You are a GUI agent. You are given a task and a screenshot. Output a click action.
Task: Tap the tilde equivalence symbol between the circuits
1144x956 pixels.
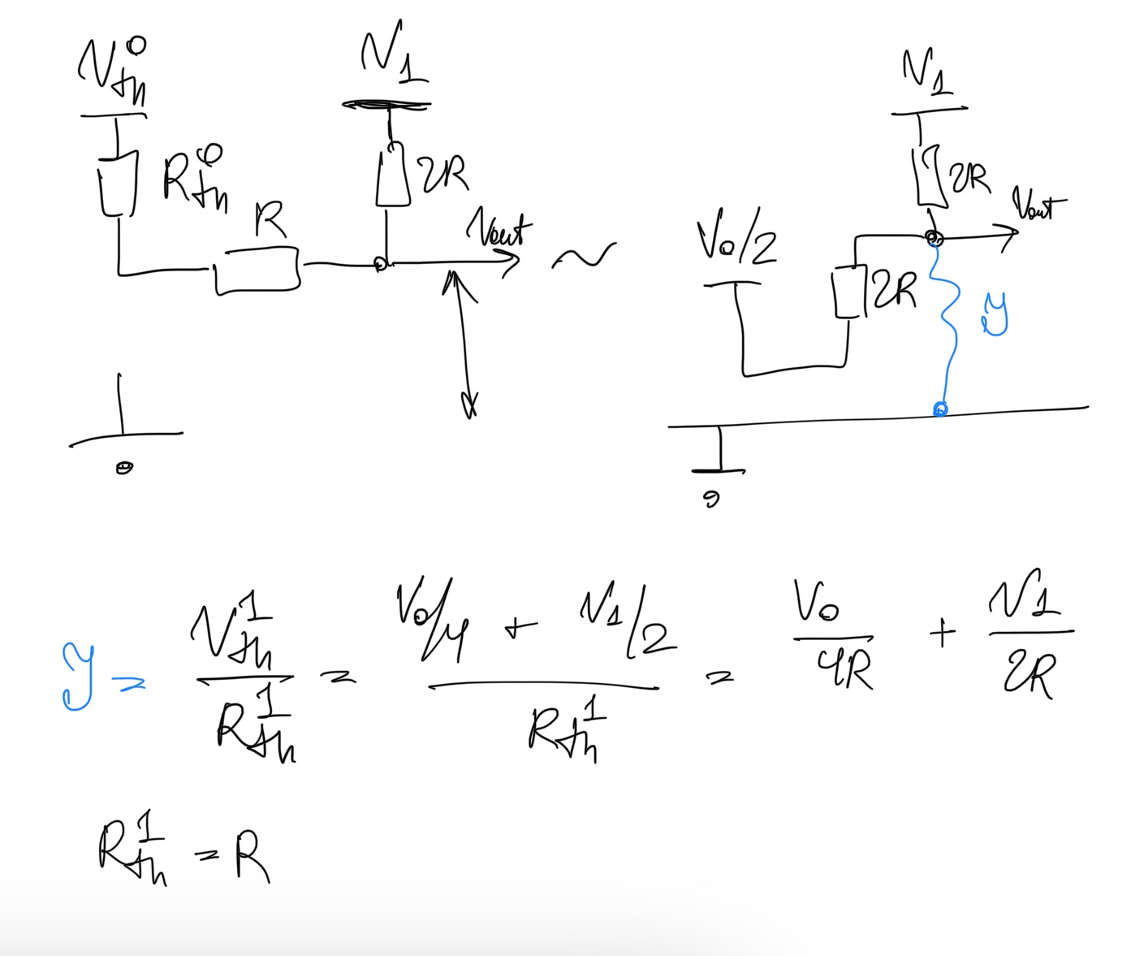point(583,257)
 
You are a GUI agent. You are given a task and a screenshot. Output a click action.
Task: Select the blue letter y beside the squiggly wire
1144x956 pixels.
point(995,314)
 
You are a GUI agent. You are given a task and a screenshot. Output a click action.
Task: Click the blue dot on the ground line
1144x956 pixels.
point(939,409)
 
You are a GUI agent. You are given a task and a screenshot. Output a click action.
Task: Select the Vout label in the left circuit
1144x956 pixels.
point(499,230)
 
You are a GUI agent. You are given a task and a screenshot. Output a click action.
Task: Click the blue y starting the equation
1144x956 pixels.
point(78,677)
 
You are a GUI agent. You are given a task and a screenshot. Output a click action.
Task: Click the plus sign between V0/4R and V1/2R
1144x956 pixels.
point(942,634)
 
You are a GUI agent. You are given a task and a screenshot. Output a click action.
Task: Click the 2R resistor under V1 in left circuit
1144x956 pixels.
point(393,176)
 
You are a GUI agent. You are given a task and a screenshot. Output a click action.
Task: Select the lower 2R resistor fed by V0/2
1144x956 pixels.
point(848,292)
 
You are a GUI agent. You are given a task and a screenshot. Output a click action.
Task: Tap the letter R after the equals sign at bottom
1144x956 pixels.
point(252,857)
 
